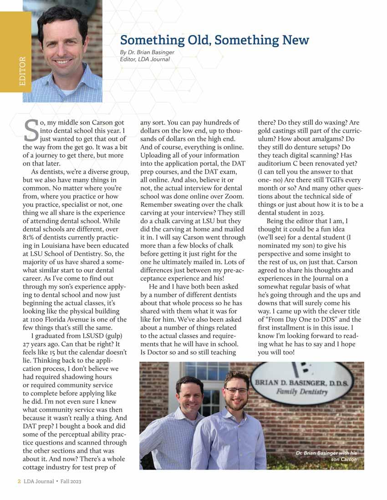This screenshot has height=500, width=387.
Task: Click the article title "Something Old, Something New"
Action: coord(214,40)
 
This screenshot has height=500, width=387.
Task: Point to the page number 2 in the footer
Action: coord(14,481)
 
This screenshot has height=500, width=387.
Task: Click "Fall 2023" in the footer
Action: coord(71,481)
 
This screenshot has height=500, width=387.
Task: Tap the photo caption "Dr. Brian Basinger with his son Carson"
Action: coord(326,456)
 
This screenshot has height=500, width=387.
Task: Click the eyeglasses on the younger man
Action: coord(237,390)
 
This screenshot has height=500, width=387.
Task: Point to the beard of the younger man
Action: coord(237,403)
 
